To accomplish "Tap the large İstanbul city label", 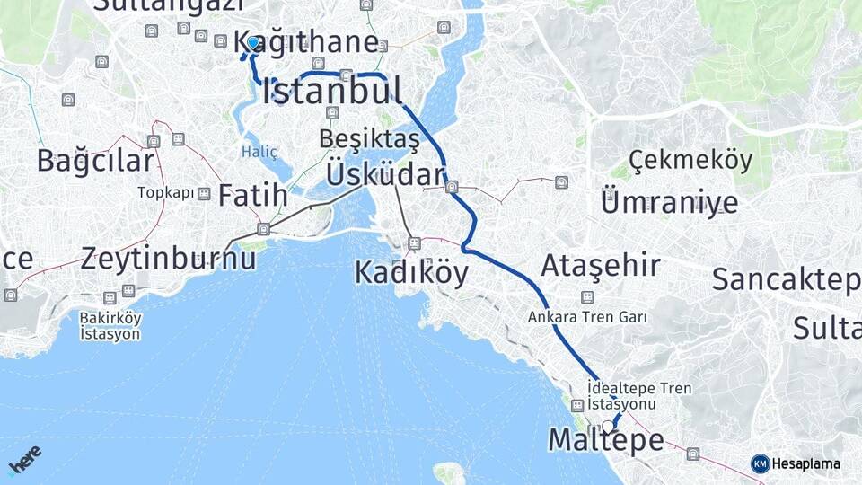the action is (333, 92).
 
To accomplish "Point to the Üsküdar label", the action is (385, 174).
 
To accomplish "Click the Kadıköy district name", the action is (411, 272).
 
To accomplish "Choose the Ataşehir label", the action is (601, 265).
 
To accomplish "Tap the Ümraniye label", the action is (669, 201).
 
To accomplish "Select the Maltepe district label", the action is (606, 440).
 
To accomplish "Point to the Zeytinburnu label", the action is (168, 259).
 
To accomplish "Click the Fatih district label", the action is (253, 195).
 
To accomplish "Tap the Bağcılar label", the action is (95, 161).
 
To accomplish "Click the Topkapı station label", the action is (165, 193).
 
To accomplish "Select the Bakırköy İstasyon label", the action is (110, 325).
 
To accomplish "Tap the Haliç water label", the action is (259, 152).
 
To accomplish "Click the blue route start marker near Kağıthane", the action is (253, 43).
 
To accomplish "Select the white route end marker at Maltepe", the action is (609, 426).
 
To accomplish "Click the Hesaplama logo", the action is (796, 463).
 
